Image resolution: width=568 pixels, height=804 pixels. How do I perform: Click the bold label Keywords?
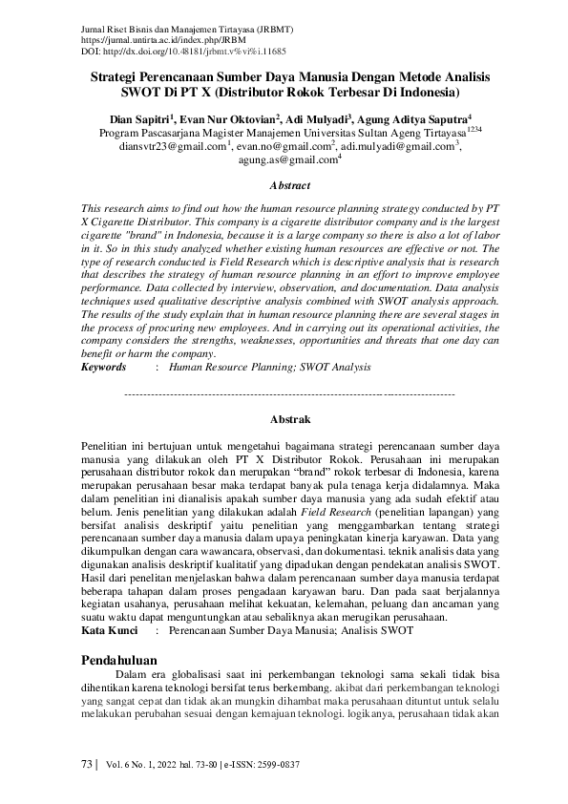click(x=103, y=367)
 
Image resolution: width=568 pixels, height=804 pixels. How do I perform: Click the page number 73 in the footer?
click(x=87, y=765)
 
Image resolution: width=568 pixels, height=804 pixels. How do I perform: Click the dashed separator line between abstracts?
click(x=289, y=392)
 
